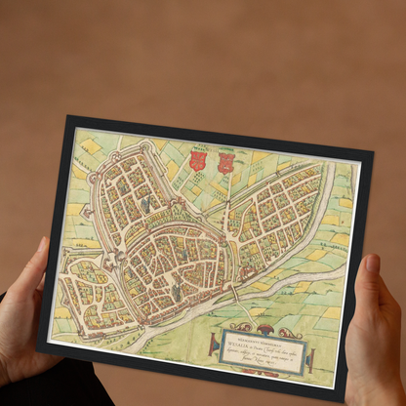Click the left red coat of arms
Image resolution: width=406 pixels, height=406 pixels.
click(196, 160)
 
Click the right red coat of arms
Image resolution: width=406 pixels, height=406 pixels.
click(225, 163)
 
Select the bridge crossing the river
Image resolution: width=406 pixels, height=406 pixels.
click(234, 293)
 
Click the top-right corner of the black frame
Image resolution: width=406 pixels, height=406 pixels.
click(372, 153)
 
